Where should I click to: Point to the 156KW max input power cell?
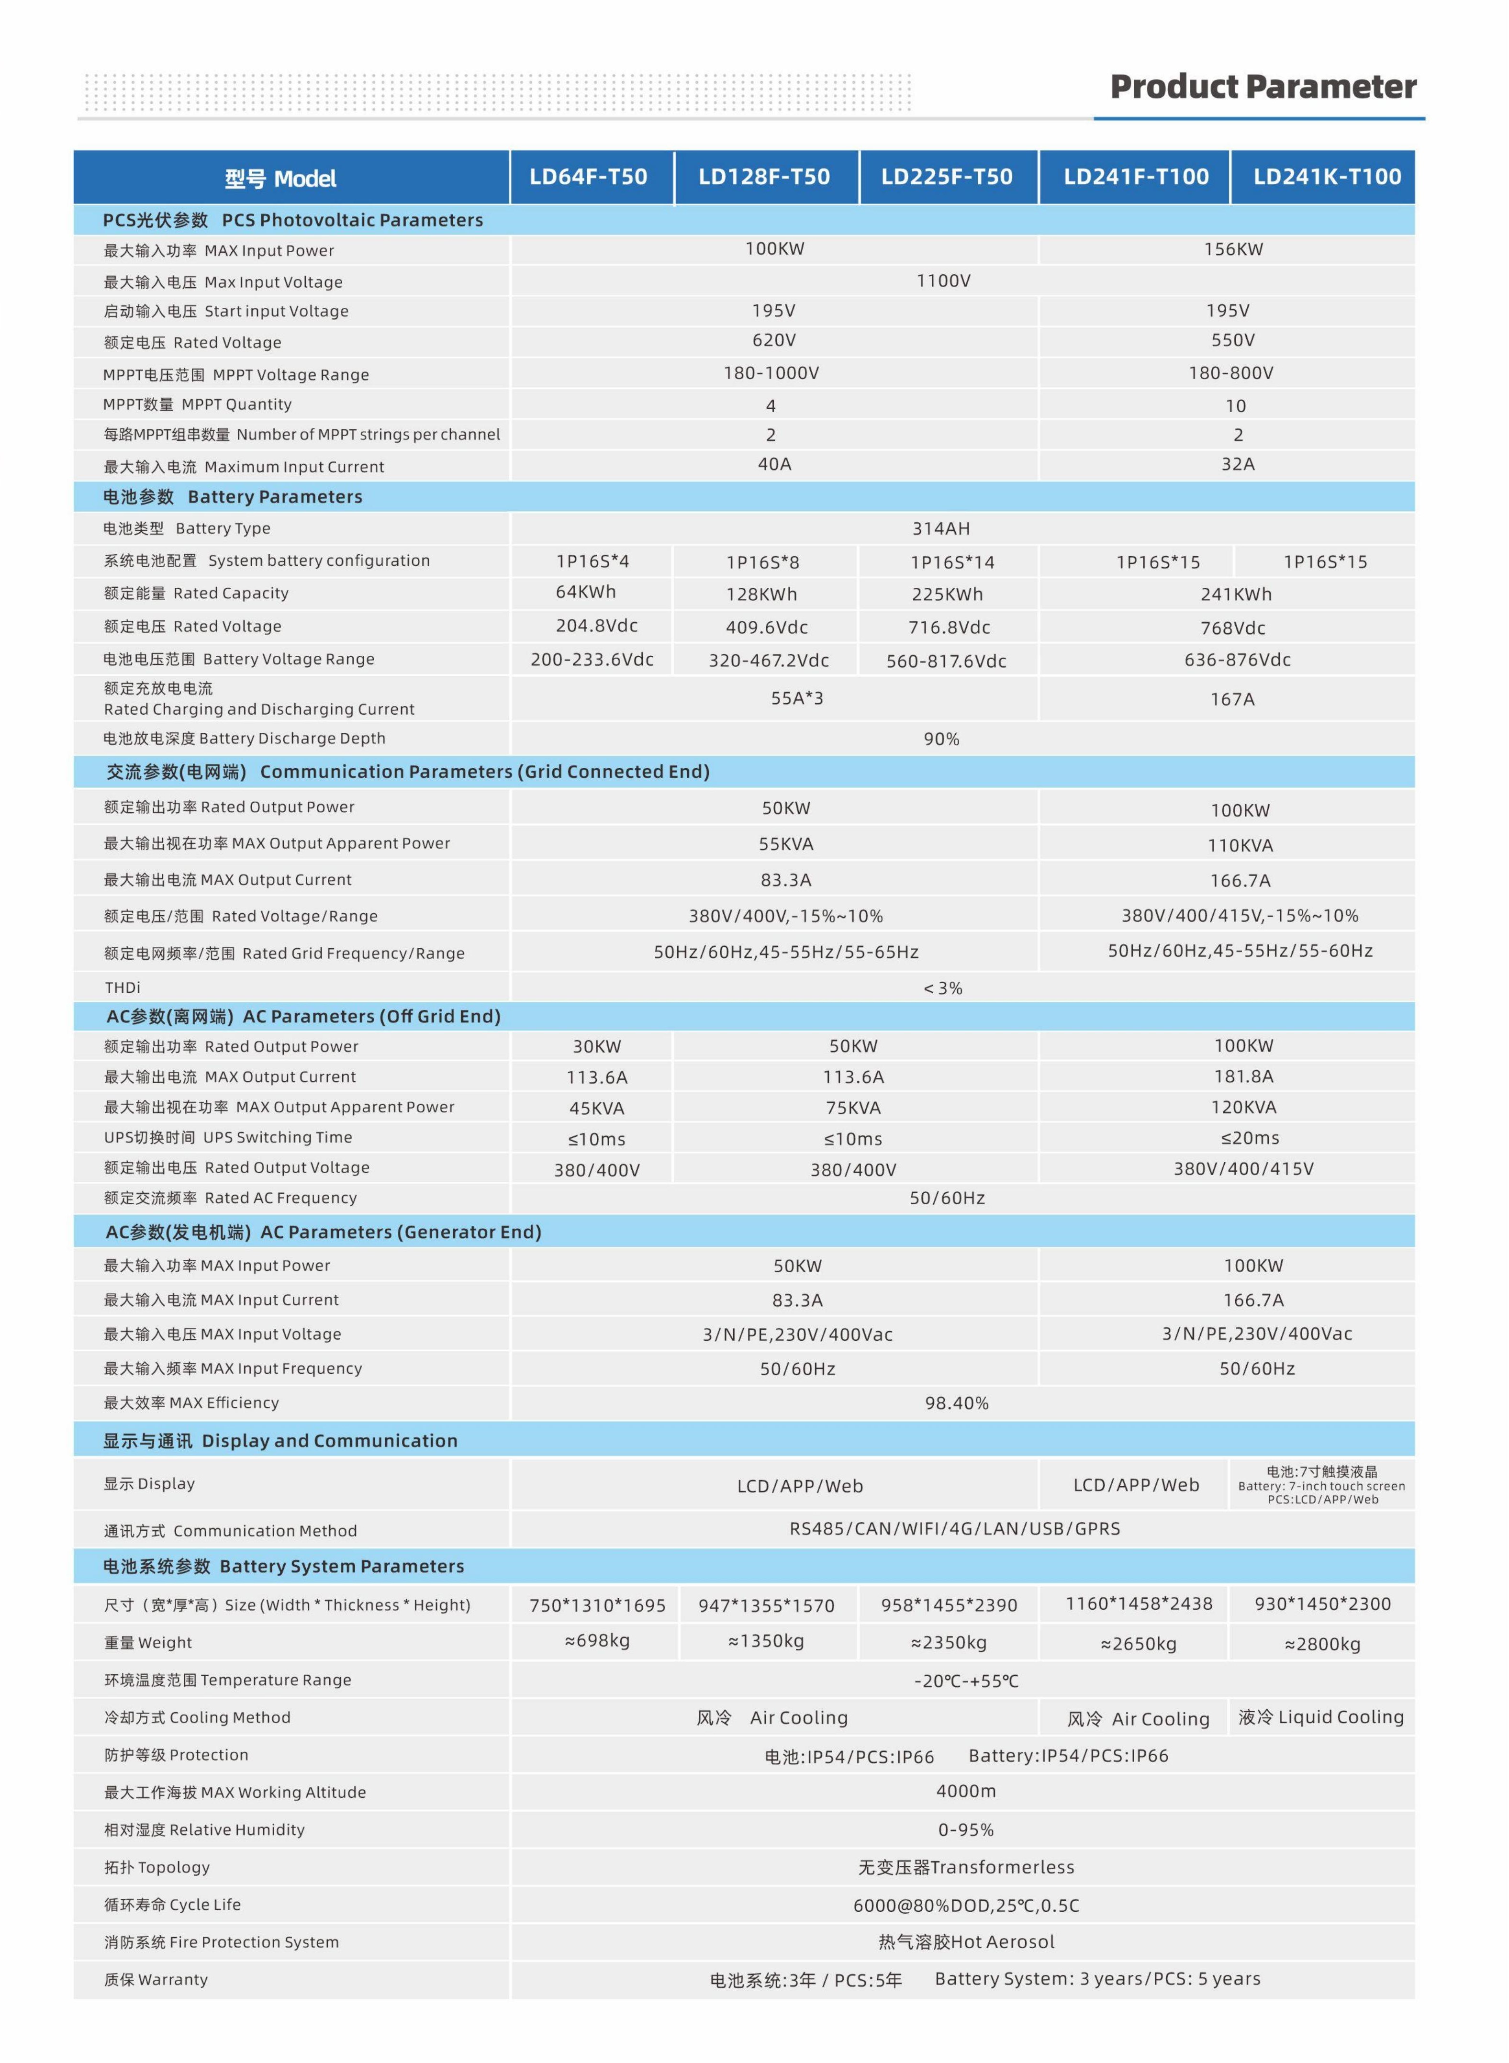coord(1233,249)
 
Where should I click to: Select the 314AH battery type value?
coord(941,528)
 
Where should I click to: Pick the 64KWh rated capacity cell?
coord(585,592)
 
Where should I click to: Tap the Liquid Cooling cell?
coord(1321,1717)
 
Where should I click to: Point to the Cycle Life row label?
coord(173,1905)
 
